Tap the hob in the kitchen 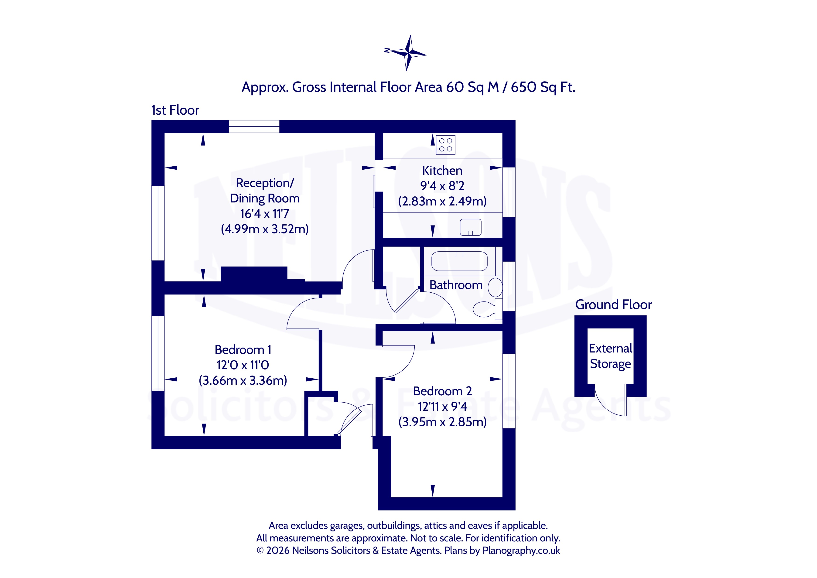tap(445, 145)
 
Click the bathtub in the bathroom tap(459, 261)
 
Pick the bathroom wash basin tap(495, 287)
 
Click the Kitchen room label tap(442, 171)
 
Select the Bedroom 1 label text tap(243, 349)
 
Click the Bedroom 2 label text tap(442, 391)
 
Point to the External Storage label tap(611, 356)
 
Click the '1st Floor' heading tap(175, 110)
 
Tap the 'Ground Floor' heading tap(613, 305)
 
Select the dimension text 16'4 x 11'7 tap(264, 214)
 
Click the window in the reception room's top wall tap(254, 126)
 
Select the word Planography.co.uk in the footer tap(521, 551)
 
